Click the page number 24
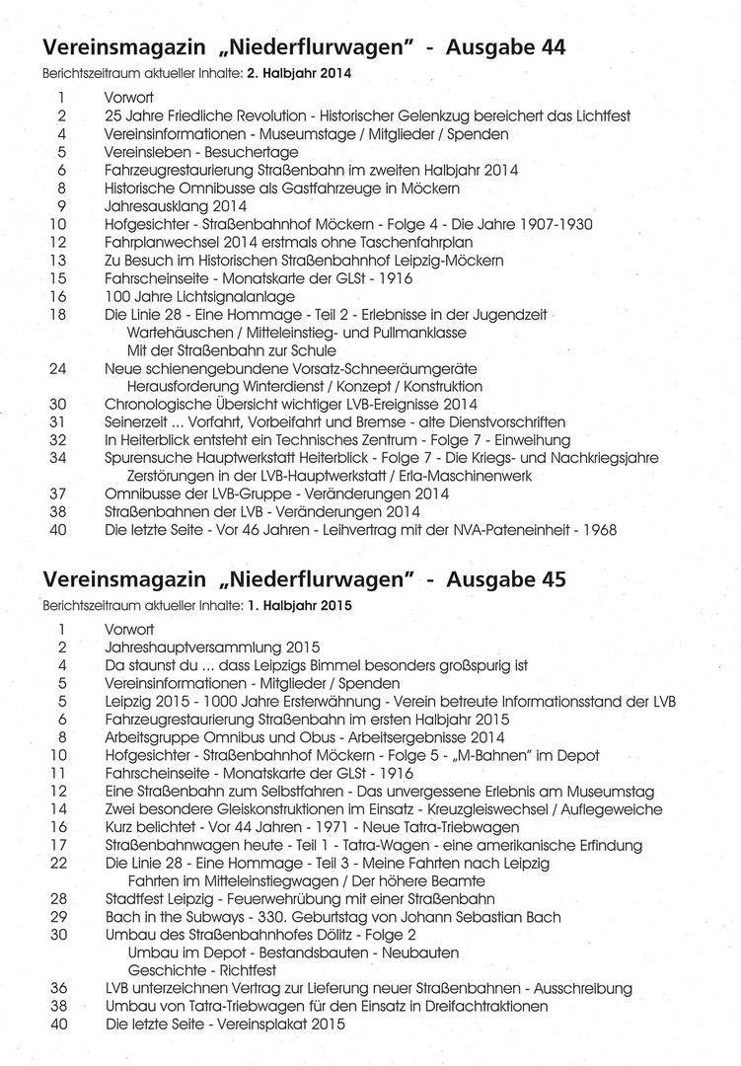61,367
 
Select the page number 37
61,494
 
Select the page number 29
61,917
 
